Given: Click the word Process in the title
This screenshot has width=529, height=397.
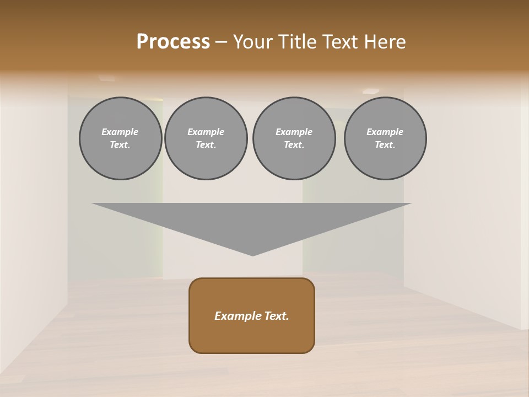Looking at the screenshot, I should tap(173, 42).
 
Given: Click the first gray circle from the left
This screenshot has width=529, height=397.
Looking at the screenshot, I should tap(120, 138).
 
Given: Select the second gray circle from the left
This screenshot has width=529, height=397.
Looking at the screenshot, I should tap(206, 138).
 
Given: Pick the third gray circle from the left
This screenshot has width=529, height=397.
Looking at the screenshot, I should tap(294, 138).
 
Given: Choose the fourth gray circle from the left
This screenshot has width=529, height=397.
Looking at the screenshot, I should tap(385, 138).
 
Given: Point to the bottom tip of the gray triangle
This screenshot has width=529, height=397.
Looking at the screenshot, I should tap(252, 255).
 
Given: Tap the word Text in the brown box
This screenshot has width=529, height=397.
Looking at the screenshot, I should tap(276, 316).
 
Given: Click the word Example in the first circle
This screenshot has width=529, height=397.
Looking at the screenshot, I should tap(120, 132).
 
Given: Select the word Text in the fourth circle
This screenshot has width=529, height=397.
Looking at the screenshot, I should tap(385, 145).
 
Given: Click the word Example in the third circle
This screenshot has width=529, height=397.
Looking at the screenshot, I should tap(294, 132).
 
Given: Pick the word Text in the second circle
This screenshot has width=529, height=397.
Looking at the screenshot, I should tap(206, 145).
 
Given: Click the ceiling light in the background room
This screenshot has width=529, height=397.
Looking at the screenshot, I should tap(371, 92).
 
